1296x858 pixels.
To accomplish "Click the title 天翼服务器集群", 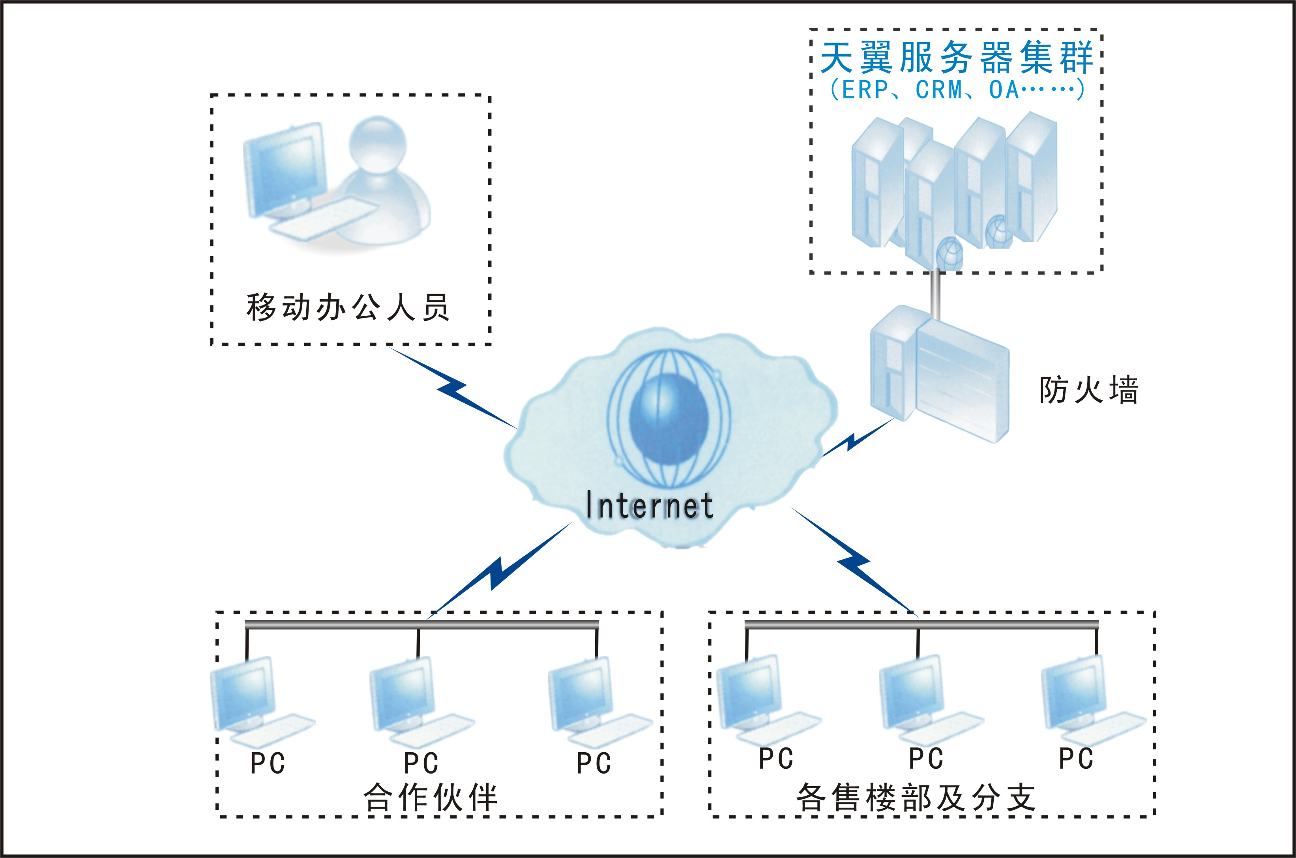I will (956, 58).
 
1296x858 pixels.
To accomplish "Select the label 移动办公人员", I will (348, 307).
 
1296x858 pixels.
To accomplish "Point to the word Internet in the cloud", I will (649, 505).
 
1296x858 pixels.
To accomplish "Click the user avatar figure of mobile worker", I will (383, 181).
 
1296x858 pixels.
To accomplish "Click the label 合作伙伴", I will (431, 797).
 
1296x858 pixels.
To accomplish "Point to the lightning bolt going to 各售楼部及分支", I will (854, 560).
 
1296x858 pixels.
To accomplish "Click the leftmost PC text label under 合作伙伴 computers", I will (268, 763).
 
